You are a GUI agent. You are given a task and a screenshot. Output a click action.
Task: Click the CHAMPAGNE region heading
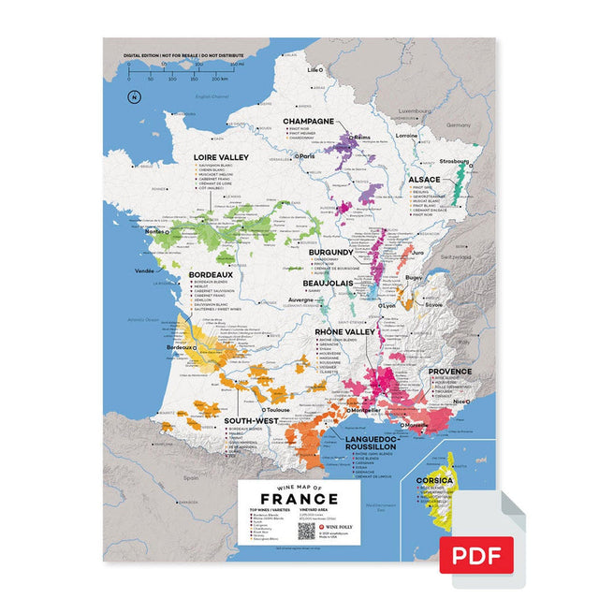[310, 122]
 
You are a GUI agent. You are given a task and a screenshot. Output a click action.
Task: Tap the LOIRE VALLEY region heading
[221, 157]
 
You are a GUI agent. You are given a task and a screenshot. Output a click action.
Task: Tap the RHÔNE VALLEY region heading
[345, 331]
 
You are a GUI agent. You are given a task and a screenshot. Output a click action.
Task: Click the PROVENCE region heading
[448, 372]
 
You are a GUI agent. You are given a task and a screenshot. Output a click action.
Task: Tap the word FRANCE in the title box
[293, 499]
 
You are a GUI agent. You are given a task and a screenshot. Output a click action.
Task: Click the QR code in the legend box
[305, 529]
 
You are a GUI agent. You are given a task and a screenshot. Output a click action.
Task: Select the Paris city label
[305, 156]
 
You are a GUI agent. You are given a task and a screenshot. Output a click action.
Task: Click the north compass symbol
[134, 97]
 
